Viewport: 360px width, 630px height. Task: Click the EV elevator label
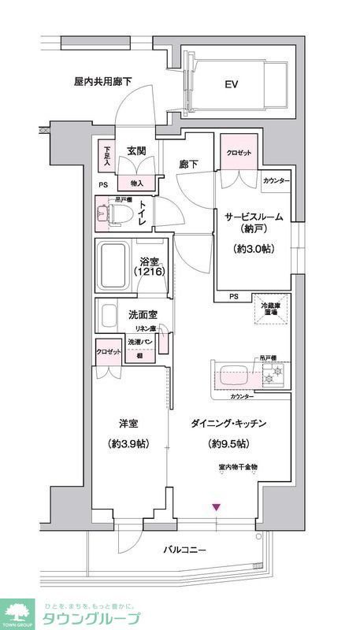[x=232, y=84]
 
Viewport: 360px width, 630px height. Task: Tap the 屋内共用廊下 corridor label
[x=102, y=80]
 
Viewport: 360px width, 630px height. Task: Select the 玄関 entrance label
[x=139, y=150]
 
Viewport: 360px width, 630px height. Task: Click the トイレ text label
[x=143, y=213]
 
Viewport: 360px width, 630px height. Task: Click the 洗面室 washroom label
[x=143, y=315]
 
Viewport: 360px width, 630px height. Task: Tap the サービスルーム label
[x=252, y=217]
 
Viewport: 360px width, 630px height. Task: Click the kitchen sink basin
[x=234, y=376]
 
